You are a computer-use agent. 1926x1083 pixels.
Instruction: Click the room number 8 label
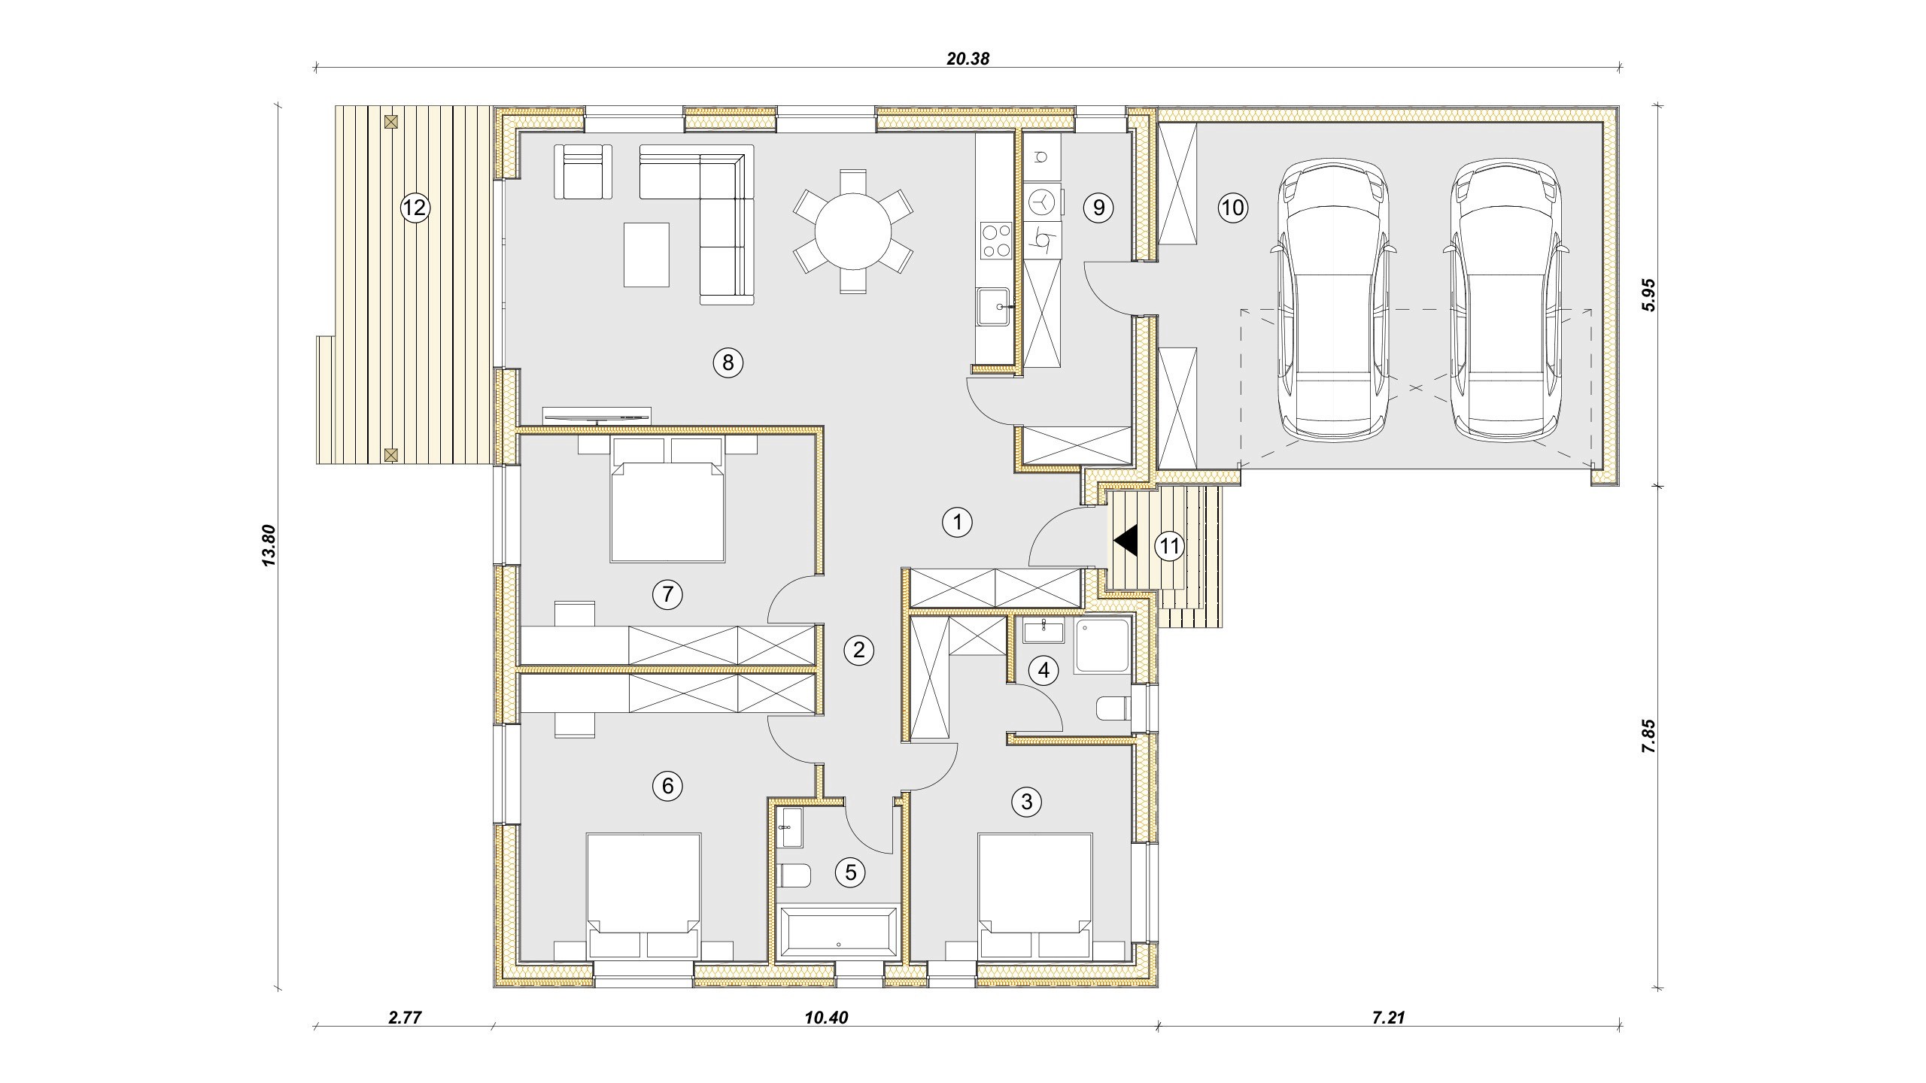[728, 363]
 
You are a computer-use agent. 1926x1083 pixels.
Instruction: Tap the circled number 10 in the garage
[1232, 207]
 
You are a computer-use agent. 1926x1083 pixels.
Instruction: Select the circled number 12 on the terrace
[414, 207]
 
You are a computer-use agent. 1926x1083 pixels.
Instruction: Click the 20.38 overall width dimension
[968, 59]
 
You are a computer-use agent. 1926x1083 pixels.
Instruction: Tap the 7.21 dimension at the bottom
[1389, 1018]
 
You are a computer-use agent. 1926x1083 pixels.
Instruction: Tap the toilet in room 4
[1113, 708]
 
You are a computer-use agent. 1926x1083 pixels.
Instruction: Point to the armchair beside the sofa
[583, 172]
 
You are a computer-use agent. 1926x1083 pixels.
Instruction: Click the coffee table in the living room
[646, 254]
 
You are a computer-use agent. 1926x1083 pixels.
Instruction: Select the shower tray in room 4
[1102, 646]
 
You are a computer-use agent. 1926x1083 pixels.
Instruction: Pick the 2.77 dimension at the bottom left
[405, 1018]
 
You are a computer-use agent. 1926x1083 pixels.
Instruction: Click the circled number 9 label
[1098, 207]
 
